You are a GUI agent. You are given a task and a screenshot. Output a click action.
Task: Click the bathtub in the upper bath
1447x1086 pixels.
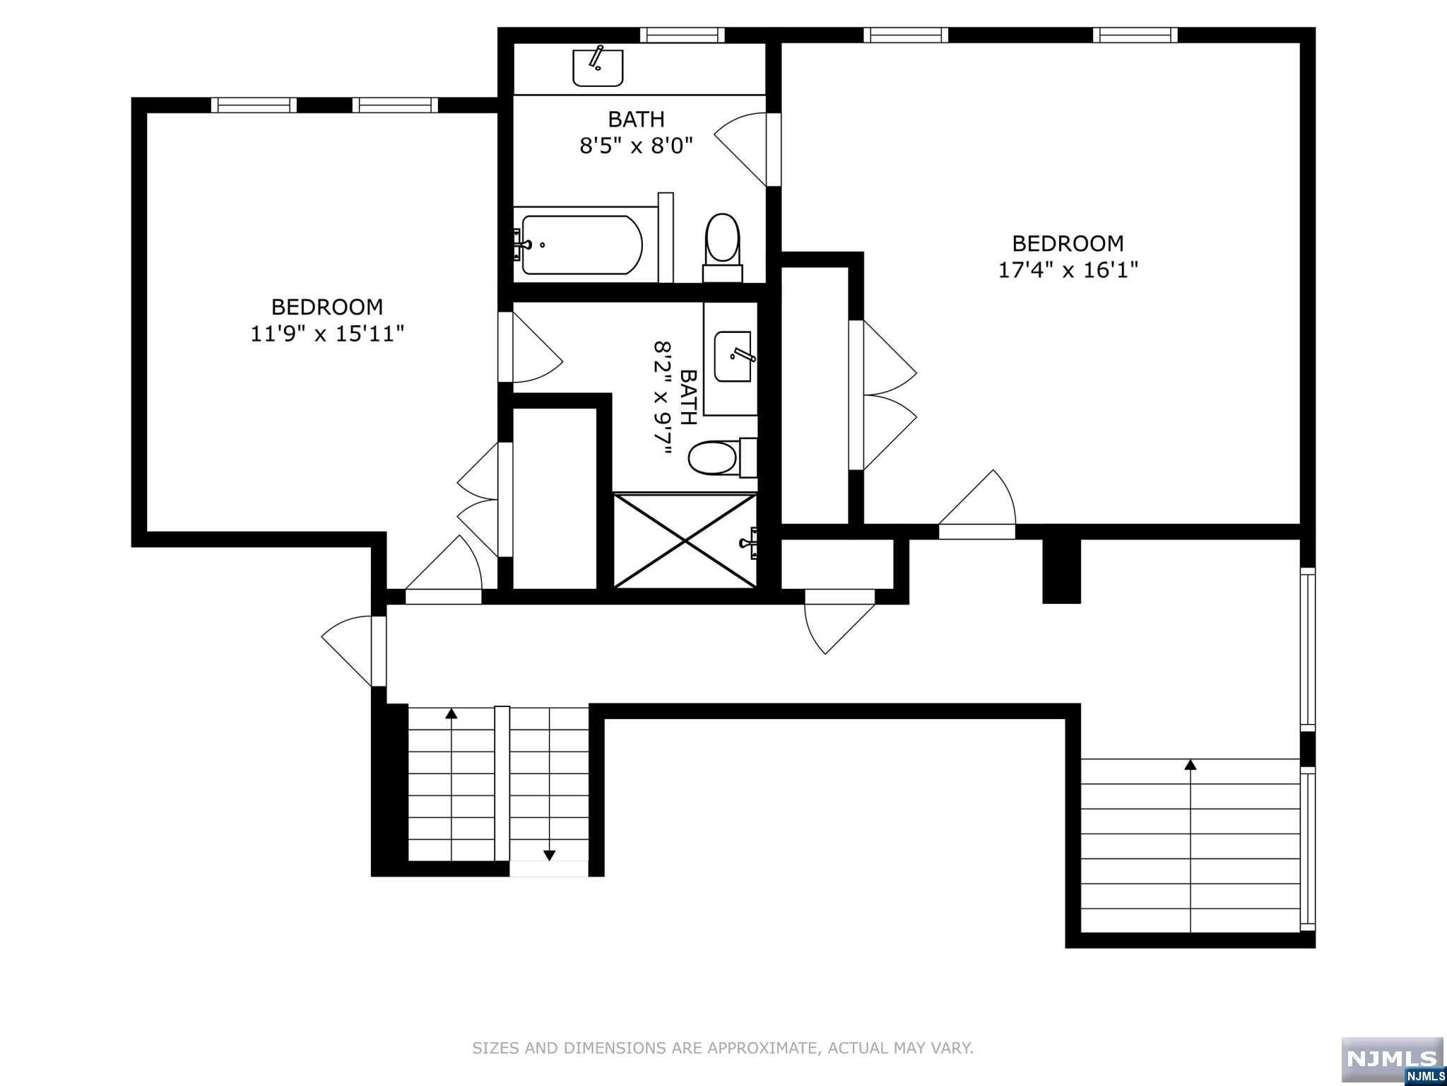(581, 245)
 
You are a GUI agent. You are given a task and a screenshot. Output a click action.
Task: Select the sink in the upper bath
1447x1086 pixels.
(597, 66)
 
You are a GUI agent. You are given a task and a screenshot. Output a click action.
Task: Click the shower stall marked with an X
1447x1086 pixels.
(685, 541)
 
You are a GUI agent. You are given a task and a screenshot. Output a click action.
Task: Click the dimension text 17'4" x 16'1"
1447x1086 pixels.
(1068, 270)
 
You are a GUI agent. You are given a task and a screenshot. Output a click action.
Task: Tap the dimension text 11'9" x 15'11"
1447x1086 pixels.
(327, 334)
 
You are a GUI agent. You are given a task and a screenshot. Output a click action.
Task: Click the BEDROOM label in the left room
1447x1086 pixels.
(327, 307)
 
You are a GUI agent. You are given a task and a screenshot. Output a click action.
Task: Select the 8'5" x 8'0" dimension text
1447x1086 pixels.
(636, 146)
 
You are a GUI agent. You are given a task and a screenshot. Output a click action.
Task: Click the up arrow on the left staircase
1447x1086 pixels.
(451, 714)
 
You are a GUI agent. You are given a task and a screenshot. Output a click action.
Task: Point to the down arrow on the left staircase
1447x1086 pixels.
(549, 856)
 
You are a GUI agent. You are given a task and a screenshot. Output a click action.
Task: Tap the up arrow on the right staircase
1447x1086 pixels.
(1191, 765)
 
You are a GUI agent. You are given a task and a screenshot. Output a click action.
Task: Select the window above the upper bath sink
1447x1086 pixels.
(682, 35)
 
